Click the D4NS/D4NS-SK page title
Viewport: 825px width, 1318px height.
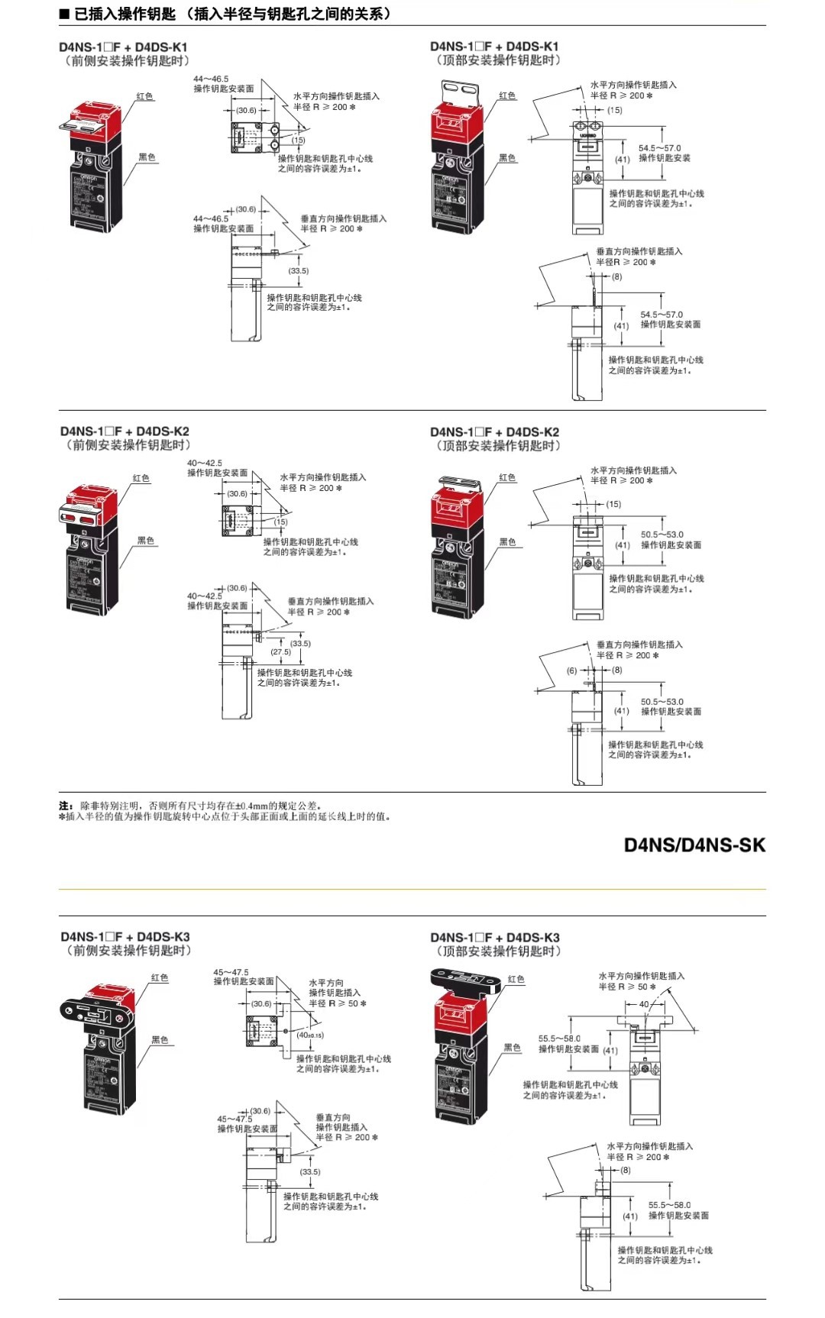[694, 845]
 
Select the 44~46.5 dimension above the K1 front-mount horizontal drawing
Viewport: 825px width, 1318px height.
[210, 79]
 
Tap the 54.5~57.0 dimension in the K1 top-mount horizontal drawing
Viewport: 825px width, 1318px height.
[659, 148]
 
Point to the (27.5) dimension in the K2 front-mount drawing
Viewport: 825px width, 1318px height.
[280, 652]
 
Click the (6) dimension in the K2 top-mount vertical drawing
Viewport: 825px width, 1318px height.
[571, 670]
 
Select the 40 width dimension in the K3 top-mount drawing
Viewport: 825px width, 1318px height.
[644, 1004]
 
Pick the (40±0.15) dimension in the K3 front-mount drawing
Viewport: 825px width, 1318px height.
[311, 1035]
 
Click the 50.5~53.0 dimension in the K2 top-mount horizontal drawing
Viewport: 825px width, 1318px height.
[662, 535]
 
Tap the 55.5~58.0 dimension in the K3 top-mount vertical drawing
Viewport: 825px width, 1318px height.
[669, 1205]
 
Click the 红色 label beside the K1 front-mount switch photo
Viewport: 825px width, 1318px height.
[144, 96]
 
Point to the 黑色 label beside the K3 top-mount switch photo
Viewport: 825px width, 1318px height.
[512, 1047]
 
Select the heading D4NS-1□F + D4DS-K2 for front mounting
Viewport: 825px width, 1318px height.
[125, 431]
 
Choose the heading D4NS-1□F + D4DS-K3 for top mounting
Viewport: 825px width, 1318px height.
[494, 937]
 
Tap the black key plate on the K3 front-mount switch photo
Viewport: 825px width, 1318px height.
[92, 1011]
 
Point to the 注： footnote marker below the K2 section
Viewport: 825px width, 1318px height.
[66, 806]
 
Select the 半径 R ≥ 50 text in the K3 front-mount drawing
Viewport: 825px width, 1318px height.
[337, 1003]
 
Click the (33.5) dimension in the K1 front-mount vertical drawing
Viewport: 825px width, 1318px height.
[298, 271]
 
